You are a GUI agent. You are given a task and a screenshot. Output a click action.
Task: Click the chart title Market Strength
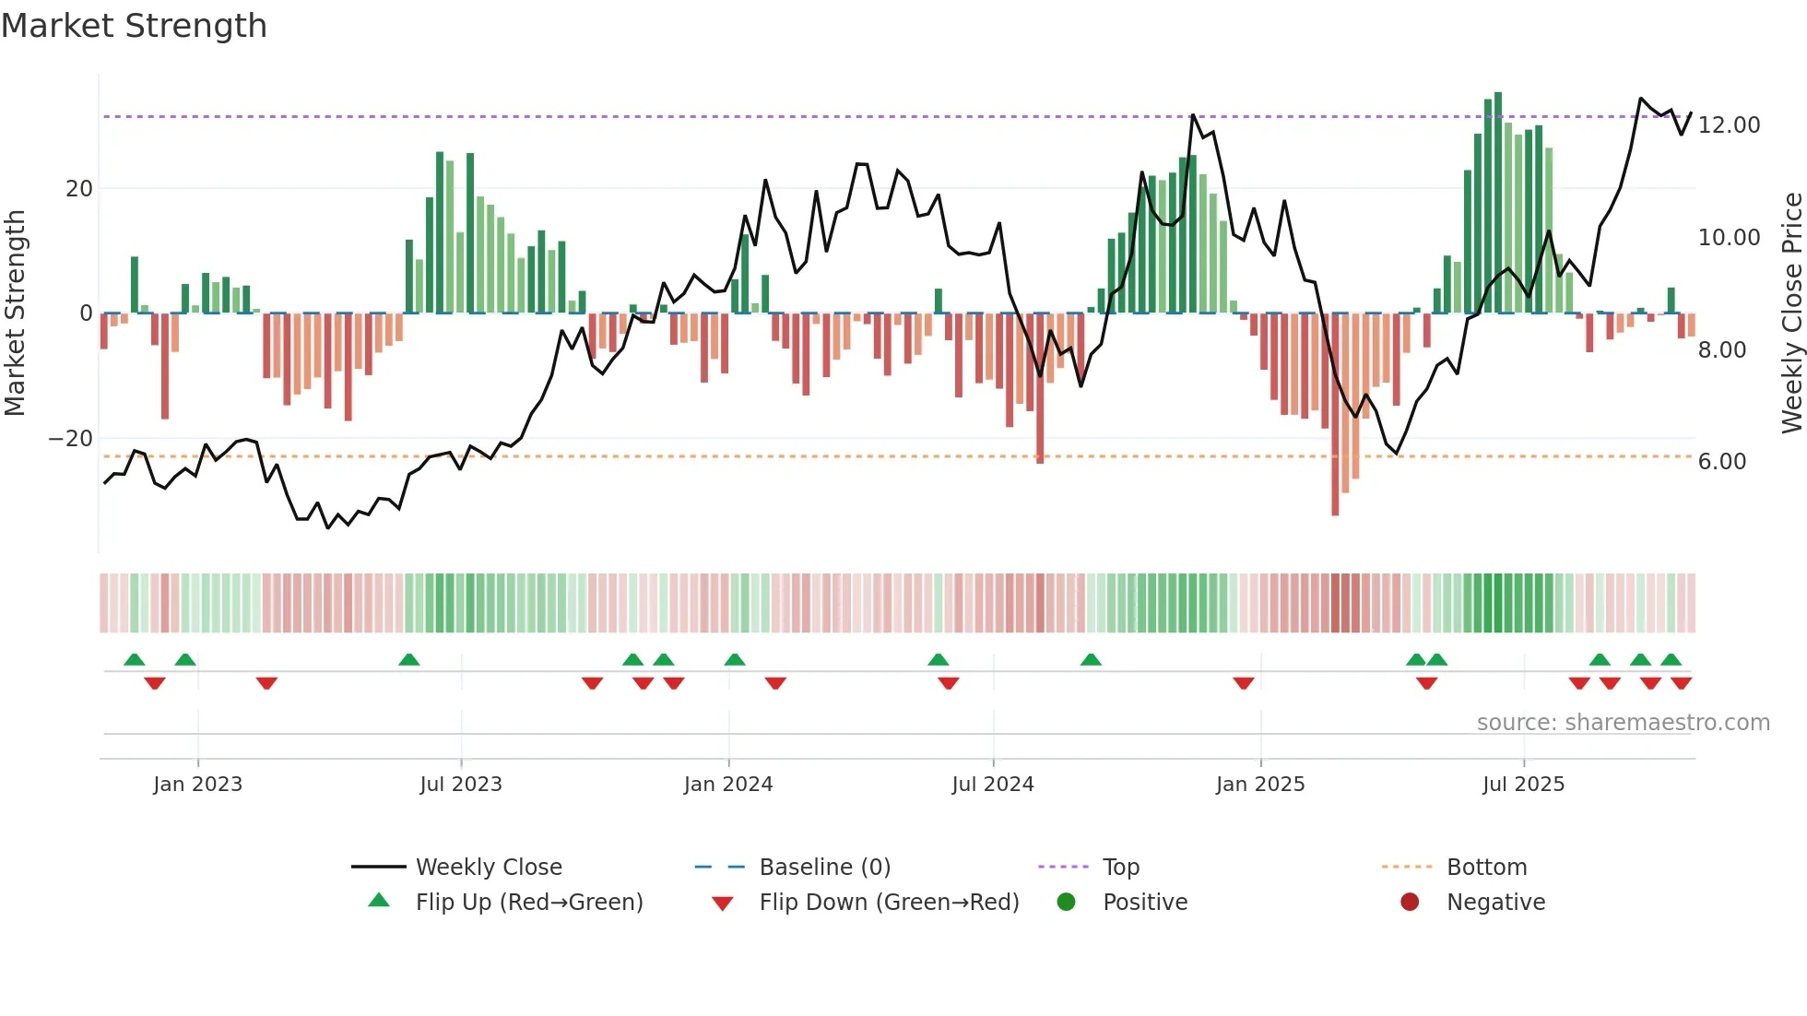(134, 26)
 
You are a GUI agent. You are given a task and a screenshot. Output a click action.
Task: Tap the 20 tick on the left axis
(79, 189)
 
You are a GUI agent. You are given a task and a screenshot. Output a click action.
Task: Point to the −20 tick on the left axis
(71, 439)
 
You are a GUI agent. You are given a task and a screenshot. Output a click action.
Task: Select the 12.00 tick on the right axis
(1729, 125)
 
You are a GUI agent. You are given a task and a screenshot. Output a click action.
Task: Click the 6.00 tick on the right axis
(1721, 462)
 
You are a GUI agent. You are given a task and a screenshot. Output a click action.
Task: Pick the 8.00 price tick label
(1721, 350)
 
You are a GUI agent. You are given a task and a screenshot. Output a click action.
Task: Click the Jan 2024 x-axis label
(727, 785)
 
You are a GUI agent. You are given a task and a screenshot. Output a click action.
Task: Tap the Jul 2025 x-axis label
(1523, 785)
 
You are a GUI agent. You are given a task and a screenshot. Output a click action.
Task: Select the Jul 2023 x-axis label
(460, 785)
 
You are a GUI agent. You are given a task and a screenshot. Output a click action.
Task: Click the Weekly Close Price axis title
(1791, 313)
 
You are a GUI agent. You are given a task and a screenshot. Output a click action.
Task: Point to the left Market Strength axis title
(16, 313)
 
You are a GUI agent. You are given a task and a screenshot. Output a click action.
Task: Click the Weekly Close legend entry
(488, 868)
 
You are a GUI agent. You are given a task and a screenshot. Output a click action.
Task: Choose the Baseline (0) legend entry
(824, 868)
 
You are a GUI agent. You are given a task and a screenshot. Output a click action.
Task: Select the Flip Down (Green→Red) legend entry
(888, 903)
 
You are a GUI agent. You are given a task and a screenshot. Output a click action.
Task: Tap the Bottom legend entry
(1486, 868)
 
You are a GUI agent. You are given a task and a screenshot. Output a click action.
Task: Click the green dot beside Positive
(1066, 903)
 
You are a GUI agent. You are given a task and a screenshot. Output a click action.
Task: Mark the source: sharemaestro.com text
(1623, 723)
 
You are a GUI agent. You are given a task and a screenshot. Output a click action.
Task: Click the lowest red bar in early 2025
(1335, 415)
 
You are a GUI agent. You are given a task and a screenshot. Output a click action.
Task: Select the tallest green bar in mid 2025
(1498, 203)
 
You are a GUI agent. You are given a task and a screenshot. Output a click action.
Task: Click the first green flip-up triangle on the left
(135, 659)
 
